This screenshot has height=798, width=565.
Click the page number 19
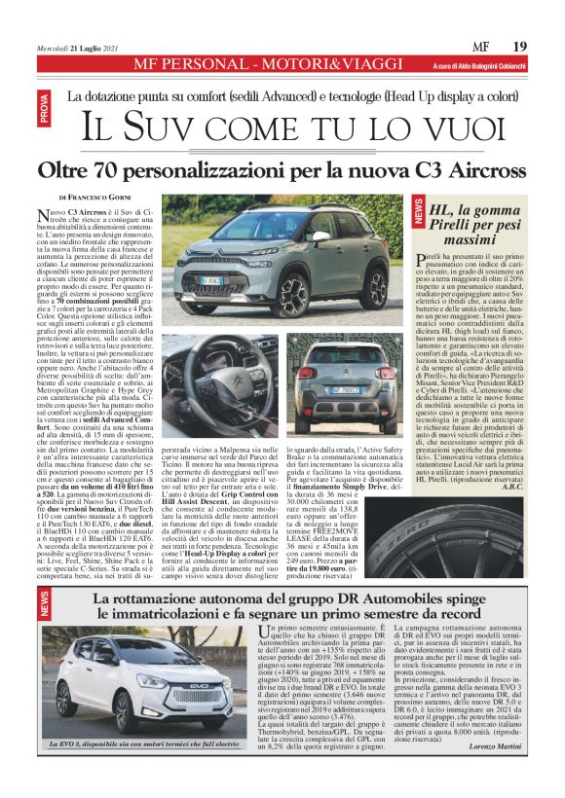pos(519,46)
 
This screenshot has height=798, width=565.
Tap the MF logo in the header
pos(479,47)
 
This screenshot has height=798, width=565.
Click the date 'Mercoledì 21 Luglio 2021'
pos(79,48)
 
